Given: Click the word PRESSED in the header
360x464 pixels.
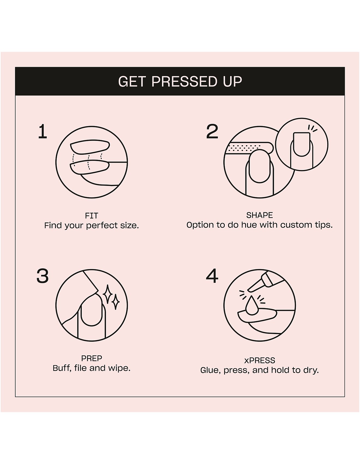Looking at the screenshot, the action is pyautogui.click(x=184, y=82).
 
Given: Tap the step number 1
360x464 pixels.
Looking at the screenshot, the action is pyautogui.click(x=43, y=132).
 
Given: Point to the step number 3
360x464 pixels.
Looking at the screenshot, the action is pyautogui.click(x=43, y=276).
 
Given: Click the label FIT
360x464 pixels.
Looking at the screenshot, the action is pyautogui.click(x=91, y=216).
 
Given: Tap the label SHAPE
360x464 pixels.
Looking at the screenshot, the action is pyautogui.click(x=260, y=215).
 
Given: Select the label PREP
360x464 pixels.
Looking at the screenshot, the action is pyautogui.click(x=92, y=358).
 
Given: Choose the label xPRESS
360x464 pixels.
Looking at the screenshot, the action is pyautogui.click(x=260, y=361).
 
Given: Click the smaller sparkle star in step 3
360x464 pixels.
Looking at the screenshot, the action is pyautogui.click(x=116, y=302).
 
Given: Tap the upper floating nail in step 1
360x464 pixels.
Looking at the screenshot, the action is pyautogui.click(x=90, y=148).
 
